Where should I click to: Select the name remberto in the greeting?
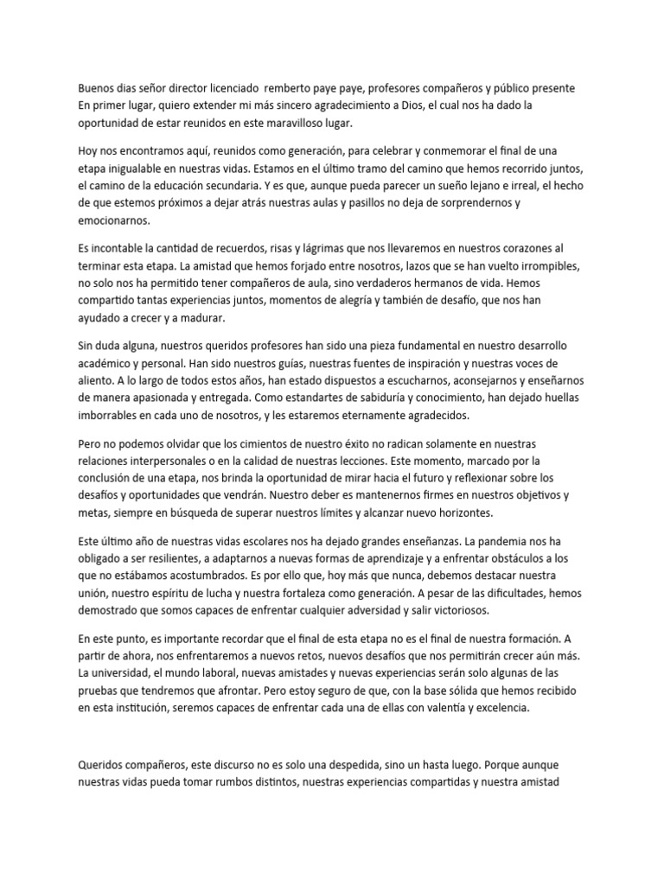tap(290, 89)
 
